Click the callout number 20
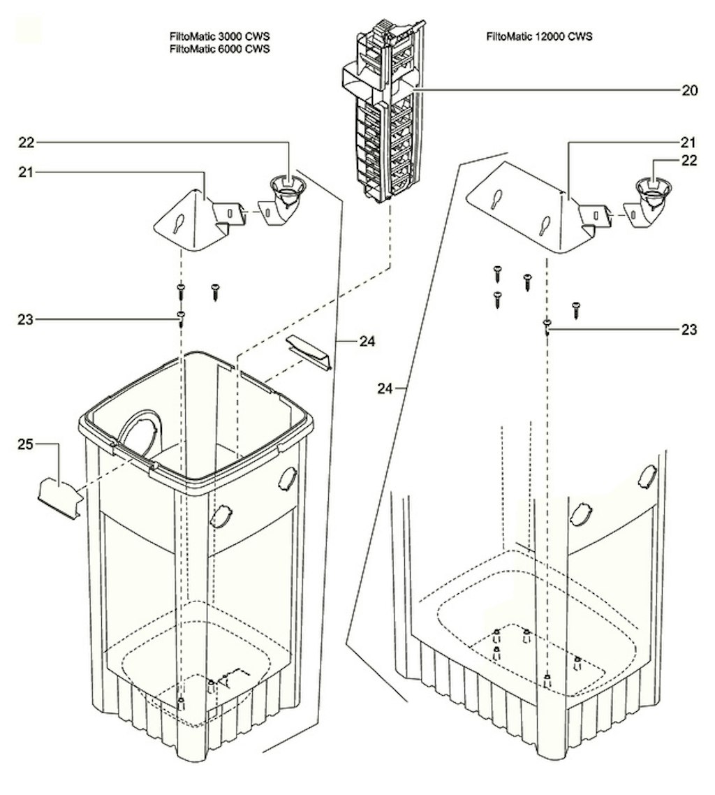click(689, 90)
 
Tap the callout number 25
click(25, 444)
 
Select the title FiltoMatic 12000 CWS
click(539, 36)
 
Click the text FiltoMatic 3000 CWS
click(219, 36)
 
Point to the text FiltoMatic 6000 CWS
click(219, 49)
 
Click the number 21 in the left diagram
click(25, 173)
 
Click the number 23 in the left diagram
click(25, 319)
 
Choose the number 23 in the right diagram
click(688, 330)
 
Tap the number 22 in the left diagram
click(25, 143)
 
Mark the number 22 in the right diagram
click(688, 161)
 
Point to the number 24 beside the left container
click(367, 342)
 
